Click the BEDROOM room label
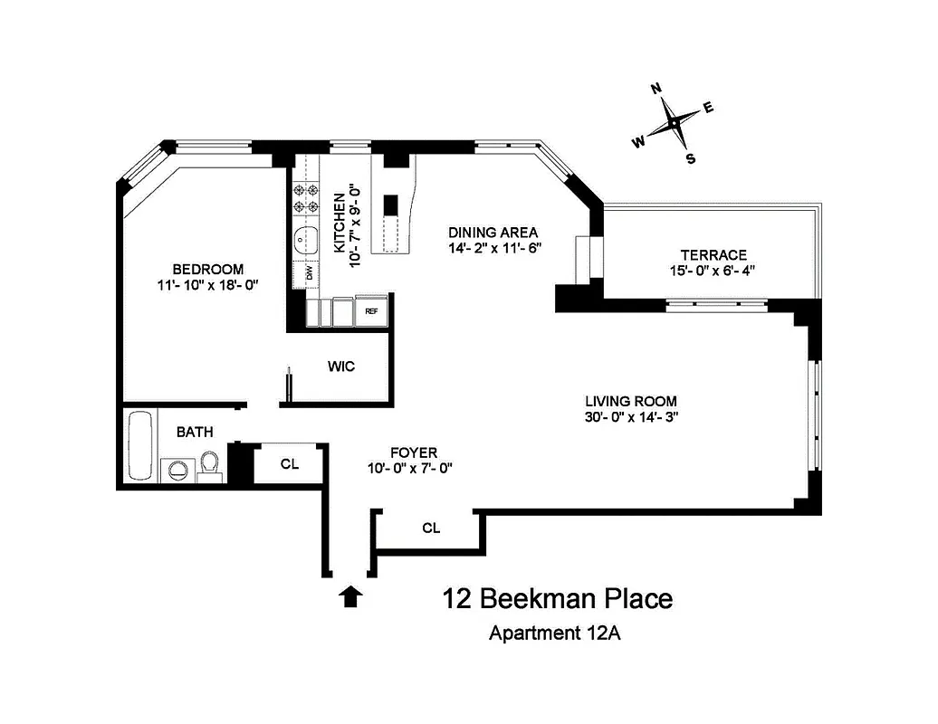click(x=208, y=269)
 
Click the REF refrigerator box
click(x=371, y=311)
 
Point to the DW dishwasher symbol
click(x=309, y=271)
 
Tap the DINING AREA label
click(x=493, y=232)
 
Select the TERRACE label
click(x=713, y=255)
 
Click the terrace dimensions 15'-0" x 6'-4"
click(x=713, y=271)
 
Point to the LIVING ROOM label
click(x=631, y=401)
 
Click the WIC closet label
click(x=341, y=367)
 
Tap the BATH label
click(x=195, y=433)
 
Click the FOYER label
click(x=414, y=452)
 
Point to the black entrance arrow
click(x=351, y=595)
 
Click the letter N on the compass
click(x=656, y=89)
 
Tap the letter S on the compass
click(x=691, y=159)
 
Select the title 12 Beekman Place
click(x=557, y=599)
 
